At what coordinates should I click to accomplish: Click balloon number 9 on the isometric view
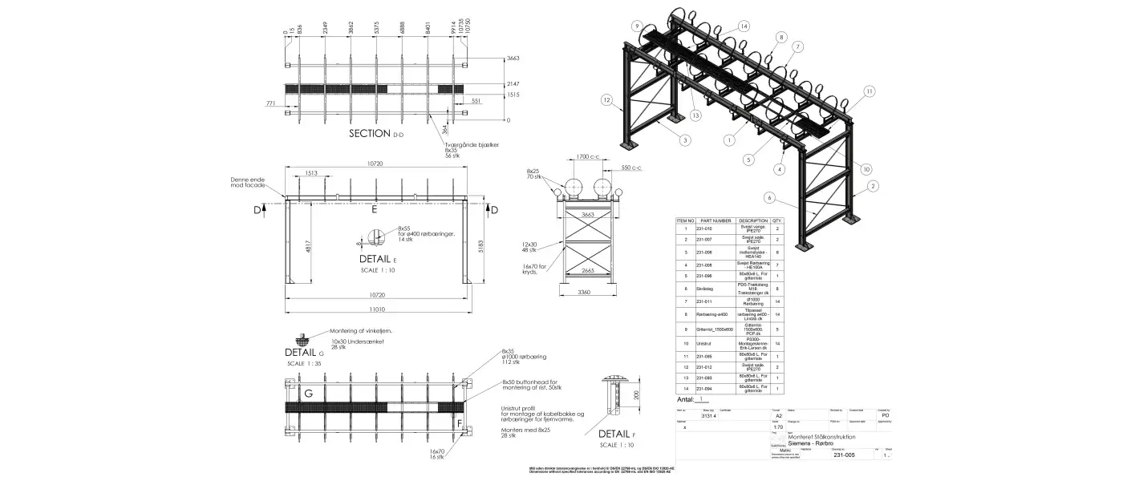(637, 26)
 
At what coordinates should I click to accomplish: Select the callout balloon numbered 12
(607, 100)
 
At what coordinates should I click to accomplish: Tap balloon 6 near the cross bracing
(769, 197)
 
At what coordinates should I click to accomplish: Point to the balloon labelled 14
(744, 26)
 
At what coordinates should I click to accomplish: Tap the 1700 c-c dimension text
(589, 157)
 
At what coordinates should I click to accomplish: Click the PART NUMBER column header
(716, 220)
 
